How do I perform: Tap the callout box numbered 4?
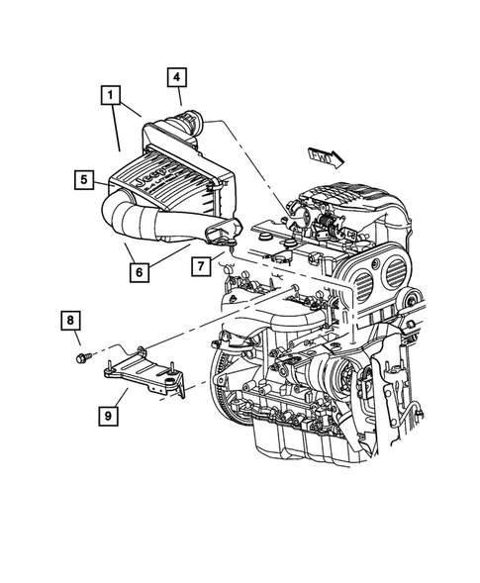pos(175,77)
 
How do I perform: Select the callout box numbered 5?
pos(85,179)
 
